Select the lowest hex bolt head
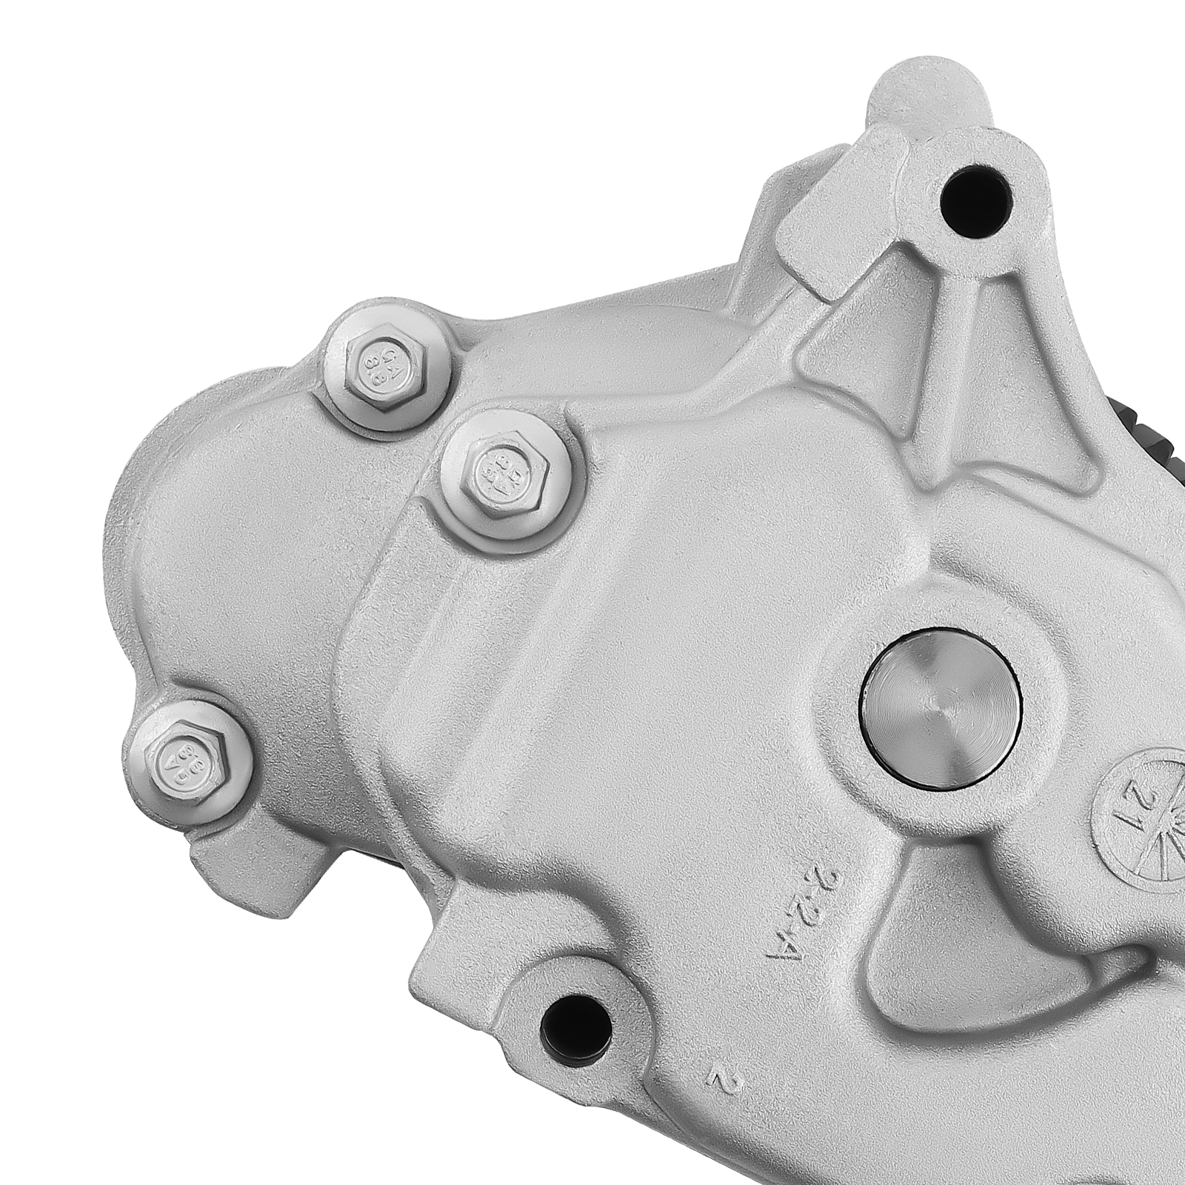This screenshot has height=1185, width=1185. coord(182,756)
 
